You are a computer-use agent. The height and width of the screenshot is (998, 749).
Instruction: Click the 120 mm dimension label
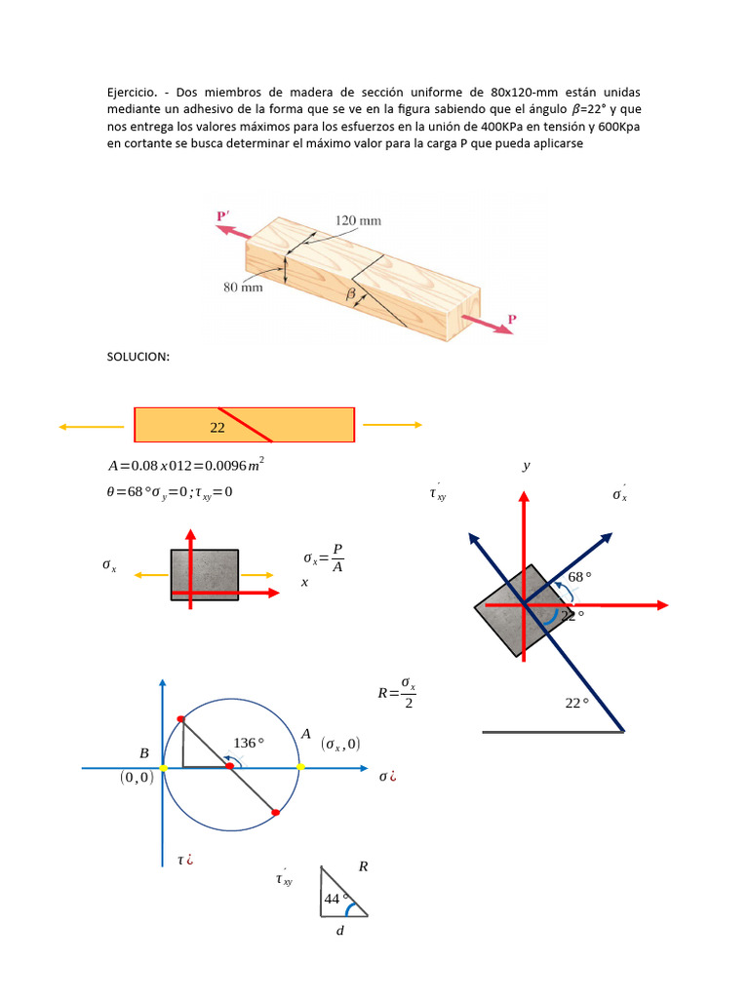click(358, 220)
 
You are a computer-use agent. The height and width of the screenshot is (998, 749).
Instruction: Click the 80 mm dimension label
click(244, 288)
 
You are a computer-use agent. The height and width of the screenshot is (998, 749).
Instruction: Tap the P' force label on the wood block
click(224, 215)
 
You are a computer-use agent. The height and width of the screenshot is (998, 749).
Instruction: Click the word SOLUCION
click(138, 357)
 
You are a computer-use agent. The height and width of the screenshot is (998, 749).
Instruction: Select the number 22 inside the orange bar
click(217, 427)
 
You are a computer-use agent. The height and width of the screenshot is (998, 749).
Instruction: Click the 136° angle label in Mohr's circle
click(249, 743)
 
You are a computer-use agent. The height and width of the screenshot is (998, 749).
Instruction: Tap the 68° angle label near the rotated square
click(580, 577)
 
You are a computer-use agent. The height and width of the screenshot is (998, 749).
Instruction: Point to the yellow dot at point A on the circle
click(300, 768)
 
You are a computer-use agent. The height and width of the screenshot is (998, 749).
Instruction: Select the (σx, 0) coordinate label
click(339, 745)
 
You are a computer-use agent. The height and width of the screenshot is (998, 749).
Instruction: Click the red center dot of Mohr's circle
click(230, 768)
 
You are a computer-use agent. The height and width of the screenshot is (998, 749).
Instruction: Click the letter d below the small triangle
click(339, 931)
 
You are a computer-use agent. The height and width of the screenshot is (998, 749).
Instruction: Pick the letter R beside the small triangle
click(363, 865)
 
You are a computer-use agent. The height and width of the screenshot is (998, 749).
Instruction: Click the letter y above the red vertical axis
click(527, 466)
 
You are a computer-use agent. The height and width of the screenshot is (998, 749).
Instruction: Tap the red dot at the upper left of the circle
click(180, 719)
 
